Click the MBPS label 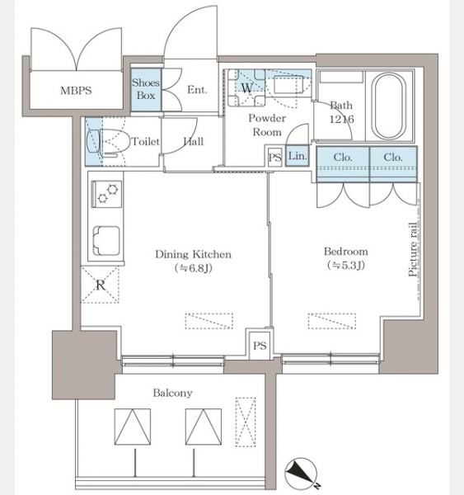tap(76, 91)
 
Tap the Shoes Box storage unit tap(146, 90)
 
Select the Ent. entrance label tap(197, 90)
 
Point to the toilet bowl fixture tap(115, 144)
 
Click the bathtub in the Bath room tap(389, 106)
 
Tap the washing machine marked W tap(246, 87)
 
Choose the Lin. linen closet tap(298, 156)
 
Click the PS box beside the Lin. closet tap(274, 157)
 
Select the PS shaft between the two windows tap(260, 346)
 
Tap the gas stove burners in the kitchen tap(106, 194)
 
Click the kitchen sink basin tap(106, 240)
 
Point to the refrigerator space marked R tap(100, 285)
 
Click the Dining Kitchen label tap(193, 254)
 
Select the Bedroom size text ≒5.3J tap(346, 265)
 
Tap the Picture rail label tap(412, 249)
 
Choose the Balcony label tap(172, 393)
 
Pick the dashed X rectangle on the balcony tap(246, 422)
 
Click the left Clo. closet tap(343, 164)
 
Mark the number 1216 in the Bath tap(341, 119)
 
